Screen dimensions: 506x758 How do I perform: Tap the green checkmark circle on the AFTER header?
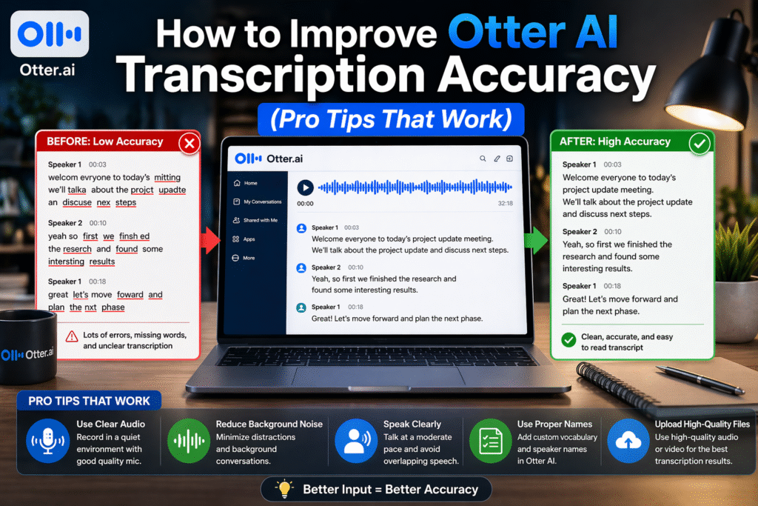point(699,143)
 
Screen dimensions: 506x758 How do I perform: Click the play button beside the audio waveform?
point(305,188)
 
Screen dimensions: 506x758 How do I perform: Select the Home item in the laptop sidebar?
point(249,183)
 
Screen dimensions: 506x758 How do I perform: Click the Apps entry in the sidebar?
point(248,239)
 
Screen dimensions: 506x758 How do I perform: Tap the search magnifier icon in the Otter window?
point(483,159)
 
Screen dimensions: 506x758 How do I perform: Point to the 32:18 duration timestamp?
point(506,203)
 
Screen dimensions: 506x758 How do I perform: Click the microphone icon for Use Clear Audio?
point(47,442)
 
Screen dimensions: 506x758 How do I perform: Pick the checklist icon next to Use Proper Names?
point(485,442)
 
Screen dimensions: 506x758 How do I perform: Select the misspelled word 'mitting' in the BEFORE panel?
point(167,178)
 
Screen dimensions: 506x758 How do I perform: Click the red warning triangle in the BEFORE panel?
point(72,336)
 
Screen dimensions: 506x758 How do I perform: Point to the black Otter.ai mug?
point(27,348)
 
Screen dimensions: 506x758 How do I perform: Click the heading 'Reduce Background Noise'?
point(269,425)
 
